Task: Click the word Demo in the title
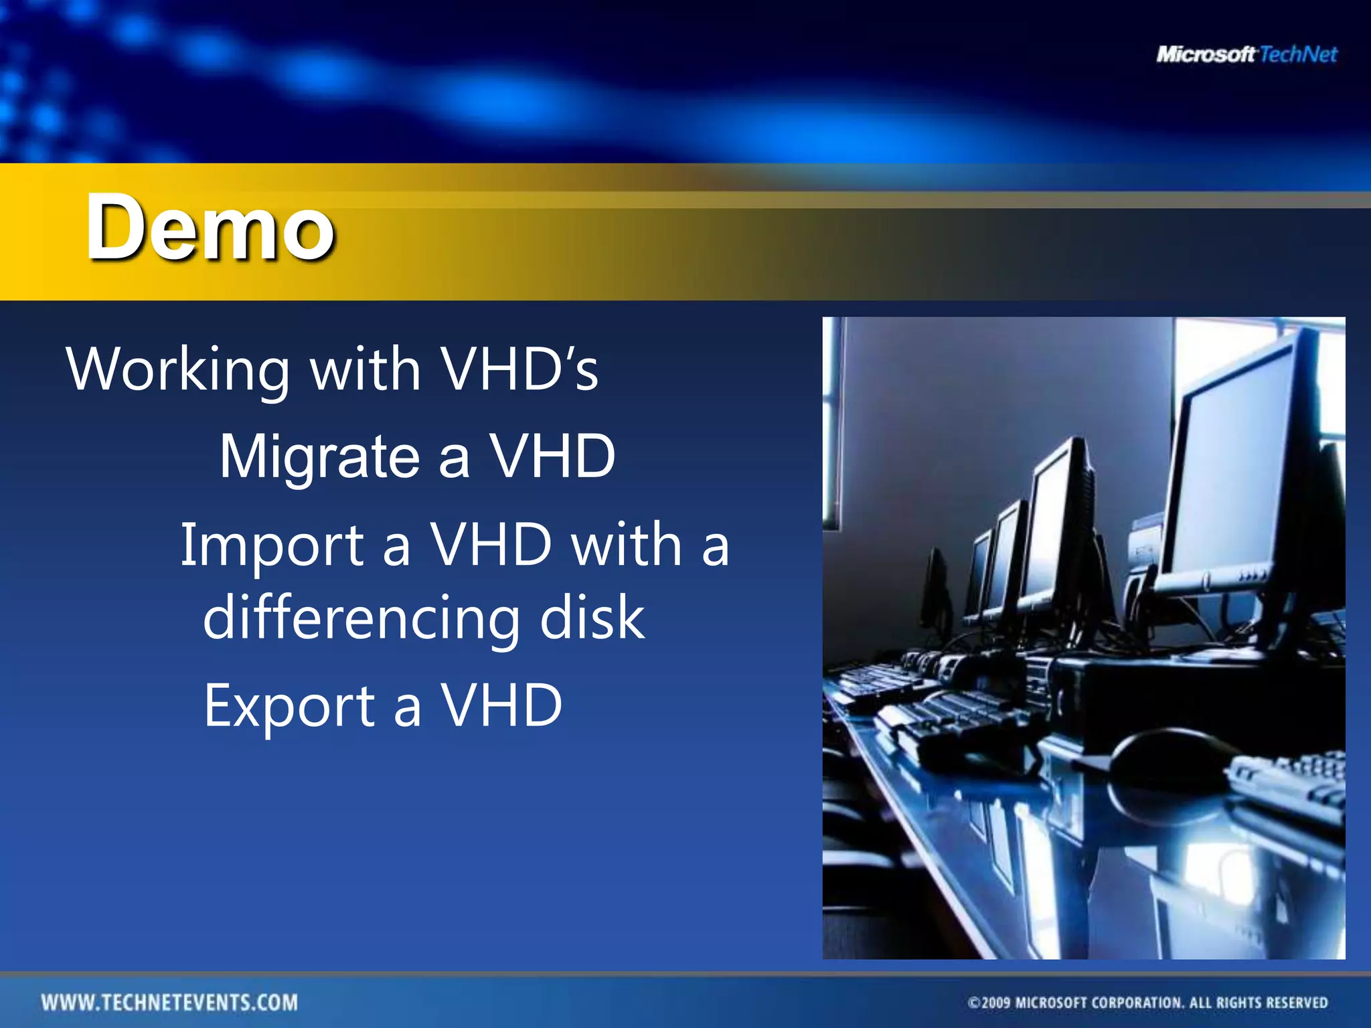pyautogui.click(x=210, y=228)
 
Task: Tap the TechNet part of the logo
pyautogui.click(x=1298, y=54)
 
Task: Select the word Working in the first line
pyautogui.click(x=178, y=370)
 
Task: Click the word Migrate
pyautogui.click(x=319, y=458)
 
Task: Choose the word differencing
pyautogui.click(x=361, y=618)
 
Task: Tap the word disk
pyautogui.click(x=592, y=617)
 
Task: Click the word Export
pyautogui.click(x=289, y=706)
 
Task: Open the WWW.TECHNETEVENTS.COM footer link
pyautogui.click(x=169, y=1003)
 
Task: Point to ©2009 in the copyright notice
pyautogui.click(x=989, y=1003)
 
